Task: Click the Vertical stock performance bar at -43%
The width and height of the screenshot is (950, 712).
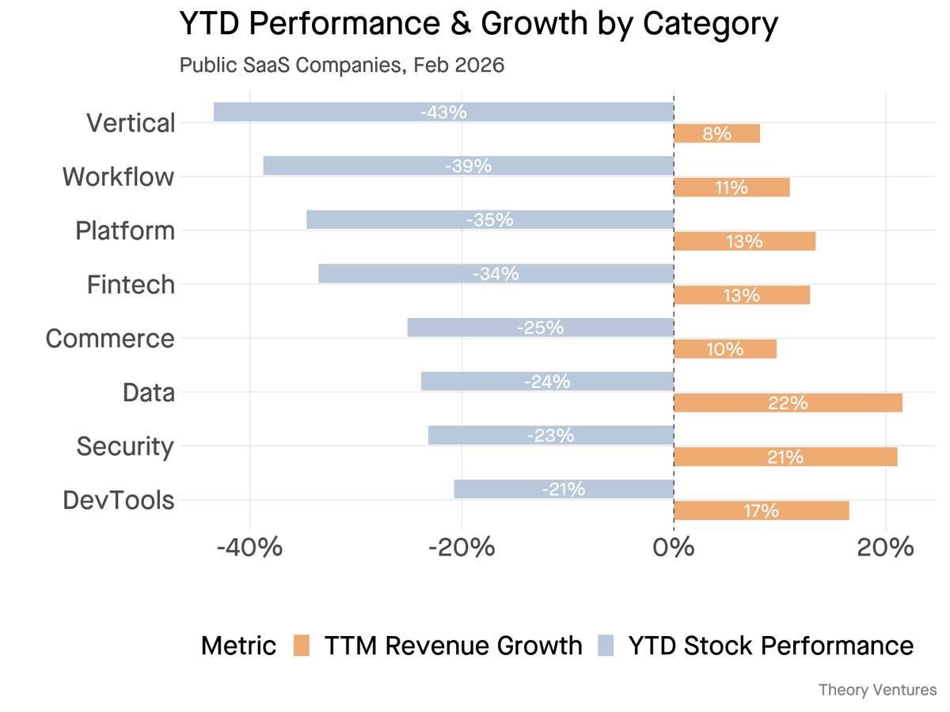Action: click(443, 112)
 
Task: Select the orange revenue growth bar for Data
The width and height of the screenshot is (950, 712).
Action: click(788, 403)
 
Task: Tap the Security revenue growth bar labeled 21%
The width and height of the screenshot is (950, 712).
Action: click(785, 456)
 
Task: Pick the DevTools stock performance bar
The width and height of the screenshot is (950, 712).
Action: click(564, 489)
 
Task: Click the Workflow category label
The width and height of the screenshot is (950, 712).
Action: click(118, 176)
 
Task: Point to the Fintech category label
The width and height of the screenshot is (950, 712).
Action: click(131, 284)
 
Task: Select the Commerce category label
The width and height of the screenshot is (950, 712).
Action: click(110, 338)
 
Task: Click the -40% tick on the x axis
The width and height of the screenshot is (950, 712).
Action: click(250, 547)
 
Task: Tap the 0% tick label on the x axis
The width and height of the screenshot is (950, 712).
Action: click(674, 547)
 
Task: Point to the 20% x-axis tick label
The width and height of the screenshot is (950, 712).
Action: click(885, 547)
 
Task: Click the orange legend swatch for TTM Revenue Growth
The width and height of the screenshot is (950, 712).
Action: click(301, 646)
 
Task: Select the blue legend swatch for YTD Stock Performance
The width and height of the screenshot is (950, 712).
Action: click(605, 646)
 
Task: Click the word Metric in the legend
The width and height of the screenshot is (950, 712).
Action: click(238, 646)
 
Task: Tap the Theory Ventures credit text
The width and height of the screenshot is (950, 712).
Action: click(877, 690)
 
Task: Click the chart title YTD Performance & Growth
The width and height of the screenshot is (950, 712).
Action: click(478, 24)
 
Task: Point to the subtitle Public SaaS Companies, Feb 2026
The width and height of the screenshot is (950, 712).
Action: click(342, 65)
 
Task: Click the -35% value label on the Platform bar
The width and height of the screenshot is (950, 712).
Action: click(490, 220)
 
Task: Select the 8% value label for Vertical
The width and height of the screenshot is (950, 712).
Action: click(716, 134)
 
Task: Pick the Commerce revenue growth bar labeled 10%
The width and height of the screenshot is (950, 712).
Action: click(724, 349)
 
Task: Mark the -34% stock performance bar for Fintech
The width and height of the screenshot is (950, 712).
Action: click(496, 274)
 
